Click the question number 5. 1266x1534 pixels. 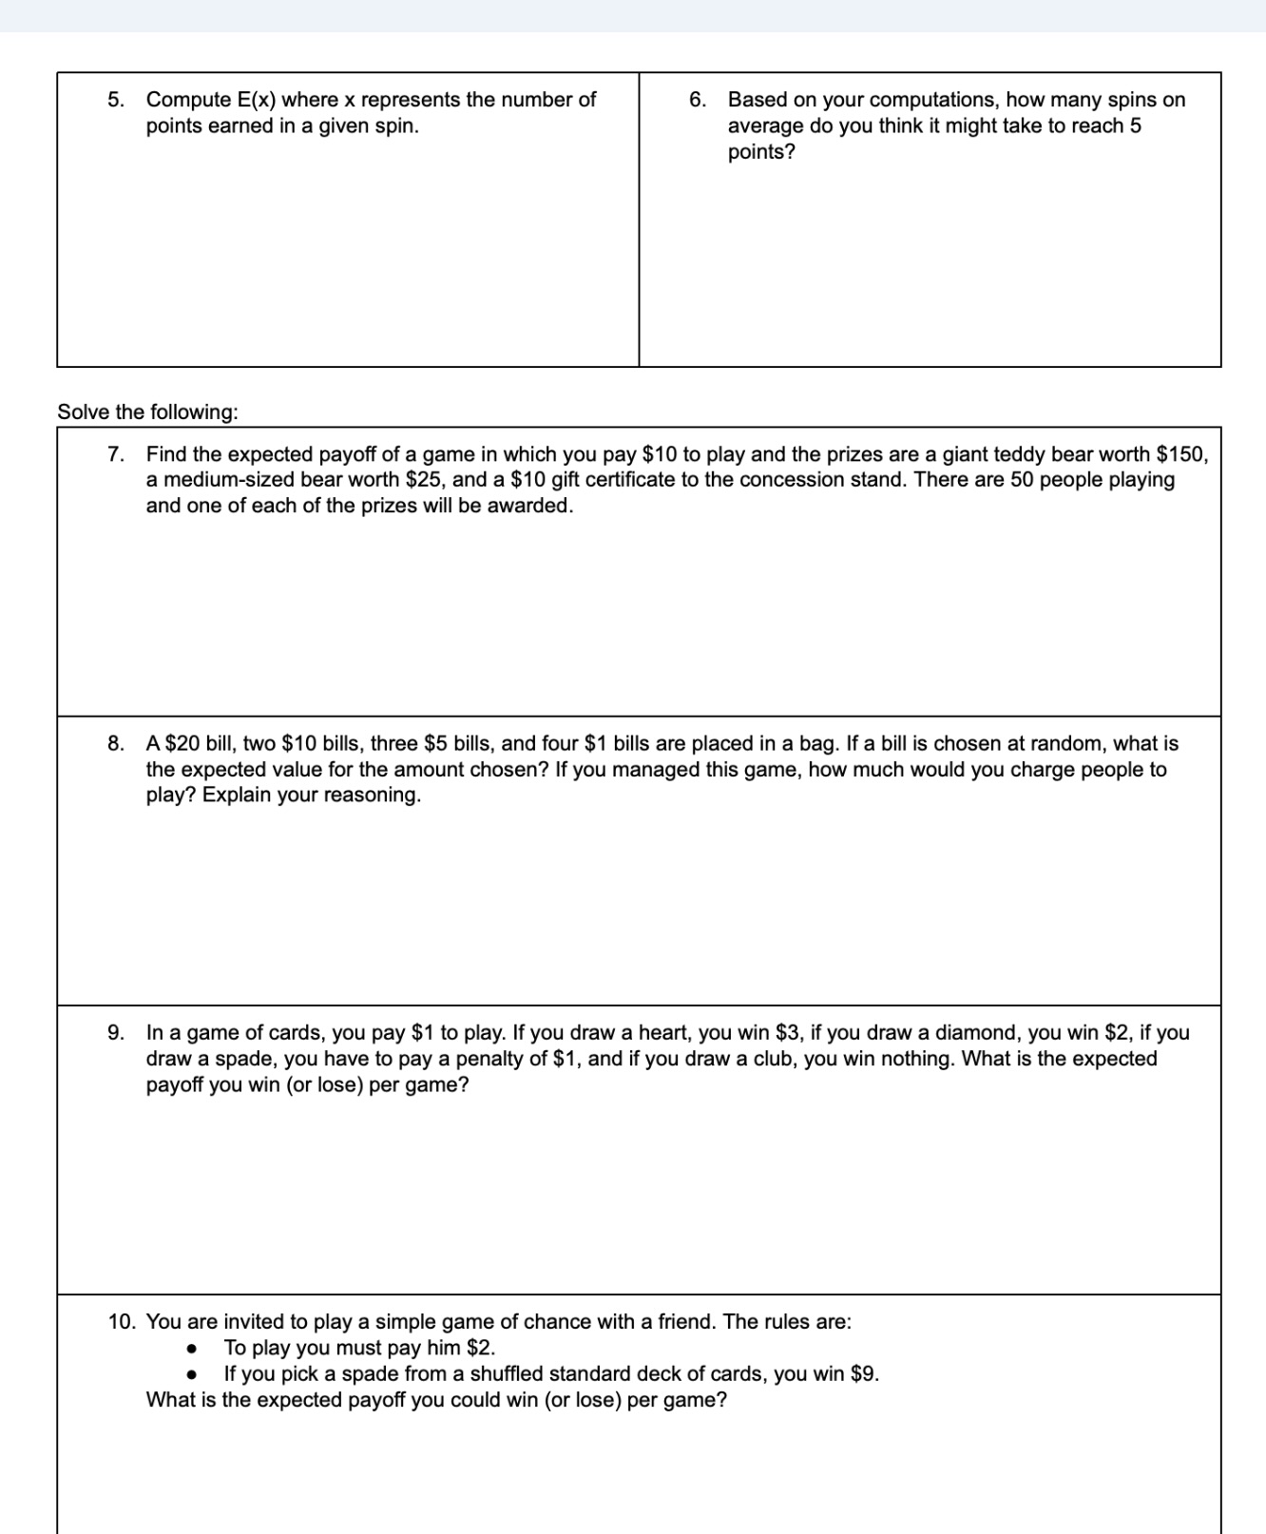pyautogui.click(x=115, y=100)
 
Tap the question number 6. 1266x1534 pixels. pyautogui.click(x=697, y=100)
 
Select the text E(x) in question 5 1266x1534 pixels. pyautogui.click(x=257, y=100)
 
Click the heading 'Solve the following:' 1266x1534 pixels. pyautogui.click(x=147, y=412)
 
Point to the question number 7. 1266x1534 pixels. pyautogui.click(x=115, y=454)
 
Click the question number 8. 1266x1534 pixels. pyautogui.click(x=115, y=743)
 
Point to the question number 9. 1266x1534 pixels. pyautogui.click(x=115, y=1033)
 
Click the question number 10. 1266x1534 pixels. pyautogui.click(x=122, y=1322)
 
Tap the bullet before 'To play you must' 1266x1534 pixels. pyautogui.click(x=192, y=1349)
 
